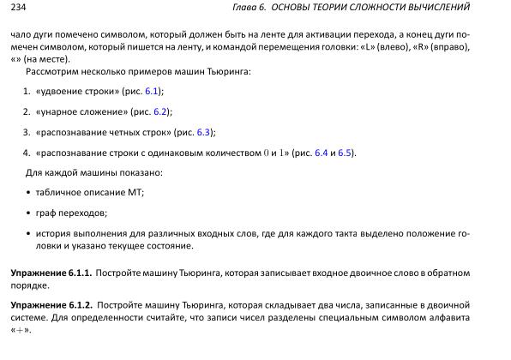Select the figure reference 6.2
159,111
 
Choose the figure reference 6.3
203,132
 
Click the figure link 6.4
322,153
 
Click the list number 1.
27,90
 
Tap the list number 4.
27,153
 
